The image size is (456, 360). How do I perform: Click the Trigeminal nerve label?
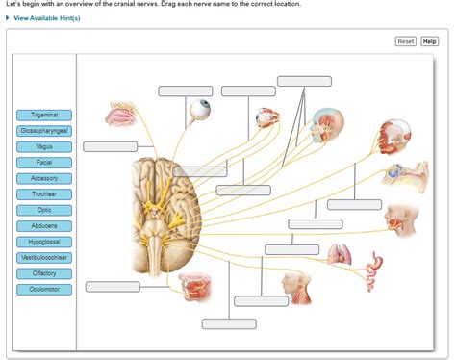click(x=44, y=116)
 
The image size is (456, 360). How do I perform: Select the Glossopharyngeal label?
click(x=44, y=131)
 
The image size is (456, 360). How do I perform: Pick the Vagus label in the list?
click(x=44, y=147)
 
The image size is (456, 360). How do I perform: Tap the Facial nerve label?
click(x=44, y=163)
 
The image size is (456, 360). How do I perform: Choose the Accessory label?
click(x=44, y=178)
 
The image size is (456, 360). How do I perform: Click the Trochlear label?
click(x=44, y=194)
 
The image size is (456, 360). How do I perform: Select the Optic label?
click(x=44, y=210)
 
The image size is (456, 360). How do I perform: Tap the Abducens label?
click(x=44, y=226)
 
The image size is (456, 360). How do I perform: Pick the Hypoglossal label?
click(x=44, y=242)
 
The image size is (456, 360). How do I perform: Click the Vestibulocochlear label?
click(x=44, y=258)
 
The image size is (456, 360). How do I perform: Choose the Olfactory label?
click(x=44, y=273)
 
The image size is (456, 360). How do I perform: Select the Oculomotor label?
click(x=44, y=289)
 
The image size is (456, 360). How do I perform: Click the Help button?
click(x=429, y=41)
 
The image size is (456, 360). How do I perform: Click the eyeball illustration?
click(x=201, y=111)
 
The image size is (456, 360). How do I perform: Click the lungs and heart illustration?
click(x=340, y=255)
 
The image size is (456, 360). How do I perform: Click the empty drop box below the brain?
click(x=229, y=323)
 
